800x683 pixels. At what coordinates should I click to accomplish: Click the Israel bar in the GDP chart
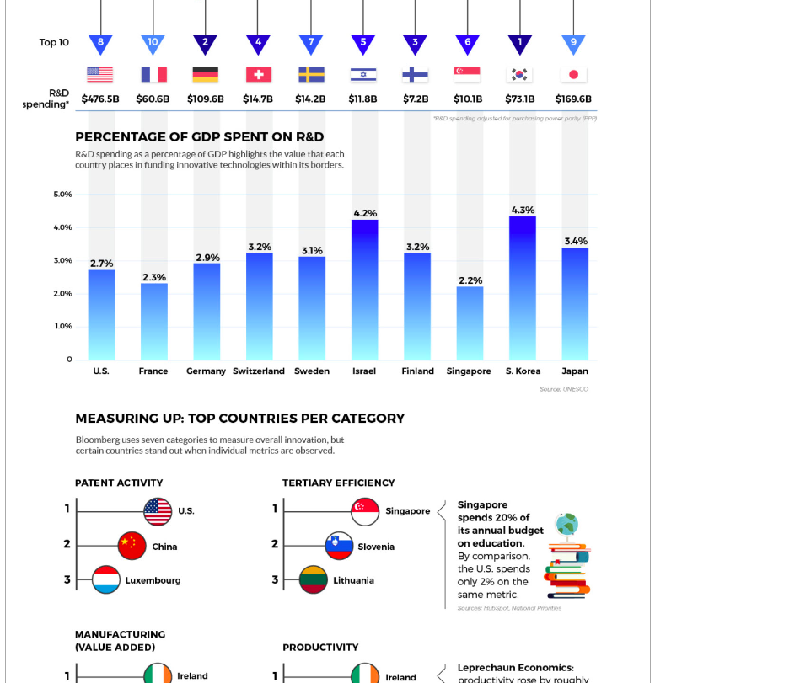364,291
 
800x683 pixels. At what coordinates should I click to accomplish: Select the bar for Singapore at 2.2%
470,324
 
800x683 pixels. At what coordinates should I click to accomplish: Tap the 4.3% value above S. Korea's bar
523,210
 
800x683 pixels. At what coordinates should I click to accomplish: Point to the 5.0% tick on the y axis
63,195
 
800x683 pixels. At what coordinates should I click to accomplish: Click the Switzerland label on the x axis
259,371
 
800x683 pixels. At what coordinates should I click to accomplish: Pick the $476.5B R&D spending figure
100,99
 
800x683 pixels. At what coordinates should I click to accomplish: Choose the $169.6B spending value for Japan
573,99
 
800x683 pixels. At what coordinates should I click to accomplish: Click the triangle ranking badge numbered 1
520,43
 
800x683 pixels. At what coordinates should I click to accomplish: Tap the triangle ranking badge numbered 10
153,43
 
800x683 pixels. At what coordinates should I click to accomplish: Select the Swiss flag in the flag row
258,75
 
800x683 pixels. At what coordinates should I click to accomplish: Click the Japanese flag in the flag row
573,75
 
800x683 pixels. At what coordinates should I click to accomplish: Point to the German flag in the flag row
205,75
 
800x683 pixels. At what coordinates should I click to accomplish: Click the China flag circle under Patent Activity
132,546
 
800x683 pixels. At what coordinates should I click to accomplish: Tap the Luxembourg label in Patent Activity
153,580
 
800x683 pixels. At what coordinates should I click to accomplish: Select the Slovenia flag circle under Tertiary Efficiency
339,546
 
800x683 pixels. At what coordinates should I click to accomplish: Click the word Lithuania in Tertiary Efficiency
353,580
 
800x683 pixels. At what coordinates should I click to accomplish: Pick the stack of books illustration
567,566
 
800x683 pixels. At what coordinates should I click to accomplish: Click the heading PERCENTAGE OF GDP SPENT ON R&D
199,137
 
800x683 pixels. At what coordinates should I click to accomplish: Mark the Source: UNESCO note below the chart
564,389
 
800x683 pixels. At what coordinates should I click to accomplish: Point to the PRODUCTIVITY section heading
320,648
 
